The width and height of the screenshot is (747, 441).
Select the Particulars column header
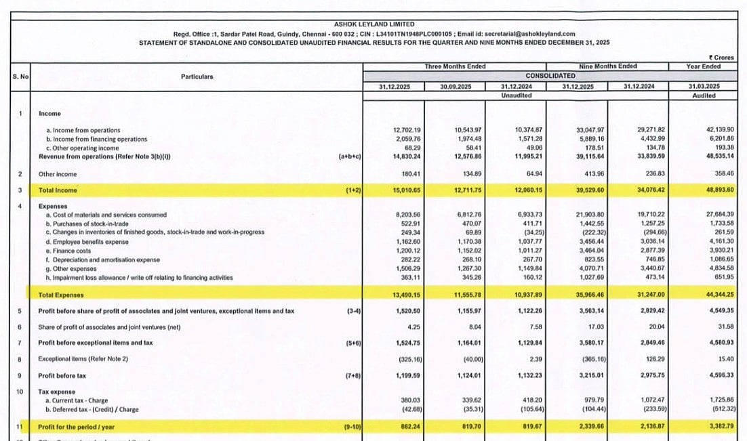pyautogui.click(x=197, y=77)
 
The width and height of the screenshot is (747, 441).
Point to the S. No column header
pyautogui.click(x=20, y=77)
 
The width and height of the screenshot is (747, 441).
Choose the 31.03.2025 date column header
pyautogui.click(x=704, y=87)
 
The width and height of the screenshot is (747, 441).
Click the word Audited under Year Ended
pyautogui.click(x=704, y=96)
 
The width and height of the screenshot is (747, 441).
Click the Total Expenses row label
pyautogui.click(x=62, y=295)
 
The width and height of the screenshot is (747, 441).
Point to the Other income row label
pyautogui.click(x=58, y=174)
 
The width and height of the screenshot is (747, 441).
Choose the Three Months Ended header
pyautogui.click(x=455, y=66)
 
